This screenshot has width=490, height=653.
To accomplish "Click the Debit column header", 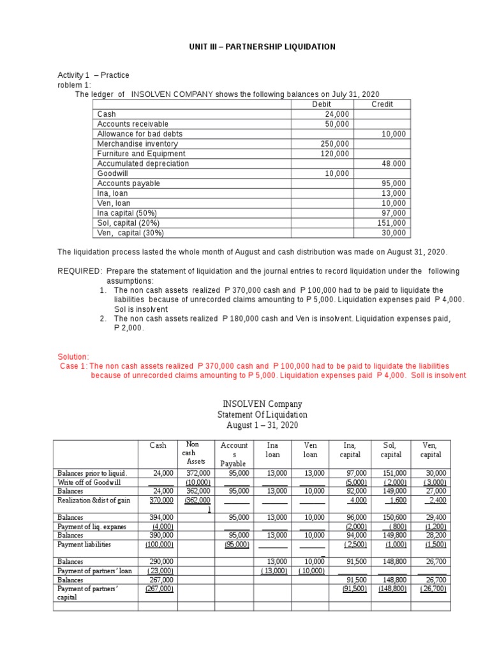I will coord(322,104).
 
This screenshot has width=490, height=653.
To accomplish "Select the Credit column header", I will coord(382,104).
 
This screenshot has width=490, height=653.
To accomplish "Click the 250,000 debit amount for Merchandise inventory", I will coord(334,143).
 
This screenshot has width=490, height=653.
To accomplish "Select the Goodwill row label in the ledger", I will coord(112,173).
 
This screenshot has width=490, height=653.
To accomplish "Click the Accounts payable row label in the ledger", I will coord(128,183).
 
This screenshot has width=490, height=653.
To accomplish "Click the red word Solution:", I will coord(73,356).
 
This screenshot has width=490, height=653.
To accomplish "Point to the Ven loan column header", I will coord(311,450).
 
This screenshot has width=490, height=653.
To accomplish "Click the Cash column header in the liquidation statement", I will coord(158,446).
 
